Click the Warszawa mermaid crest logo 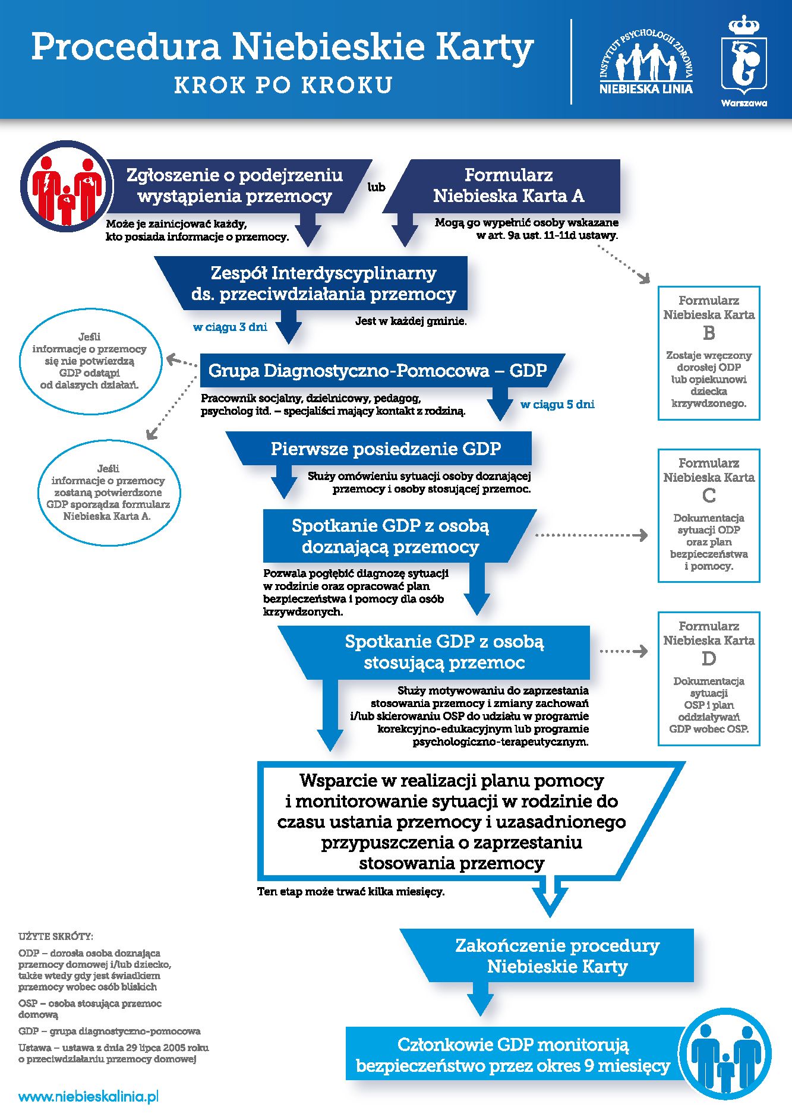click(x=744, y=59)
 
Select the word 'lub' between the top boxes click(x=376, y=187)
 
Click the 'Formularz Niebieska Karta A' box click(x=509, y=185)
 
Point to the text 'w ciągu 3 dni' click(x=230, y=327)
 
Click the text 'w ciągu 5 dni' click(x=557, y=405)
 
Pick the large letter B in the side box click(x=709, y=333)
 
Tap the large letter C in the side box click(x=709, y=496)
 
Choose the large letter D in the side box click(x=709, y=659)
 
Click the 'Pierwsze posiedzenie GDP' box click(x=386, y=449)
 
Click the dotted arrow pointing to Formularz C click(x=591, y=535)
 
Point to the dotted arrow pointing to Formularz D click(x=623, y=651)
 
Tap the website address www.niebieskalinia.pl click(x=89, y=1097)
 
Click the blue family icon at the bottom click(x=725, y=1054)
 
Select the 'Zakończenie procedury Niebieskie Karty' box click(x=557, y=955)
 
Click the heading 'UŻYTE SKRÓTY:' click(x=56, y=936)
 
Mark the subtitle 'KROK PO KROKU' click(x=283, y=85)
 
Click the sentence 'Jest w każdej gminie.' click(x=411, y=321)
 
